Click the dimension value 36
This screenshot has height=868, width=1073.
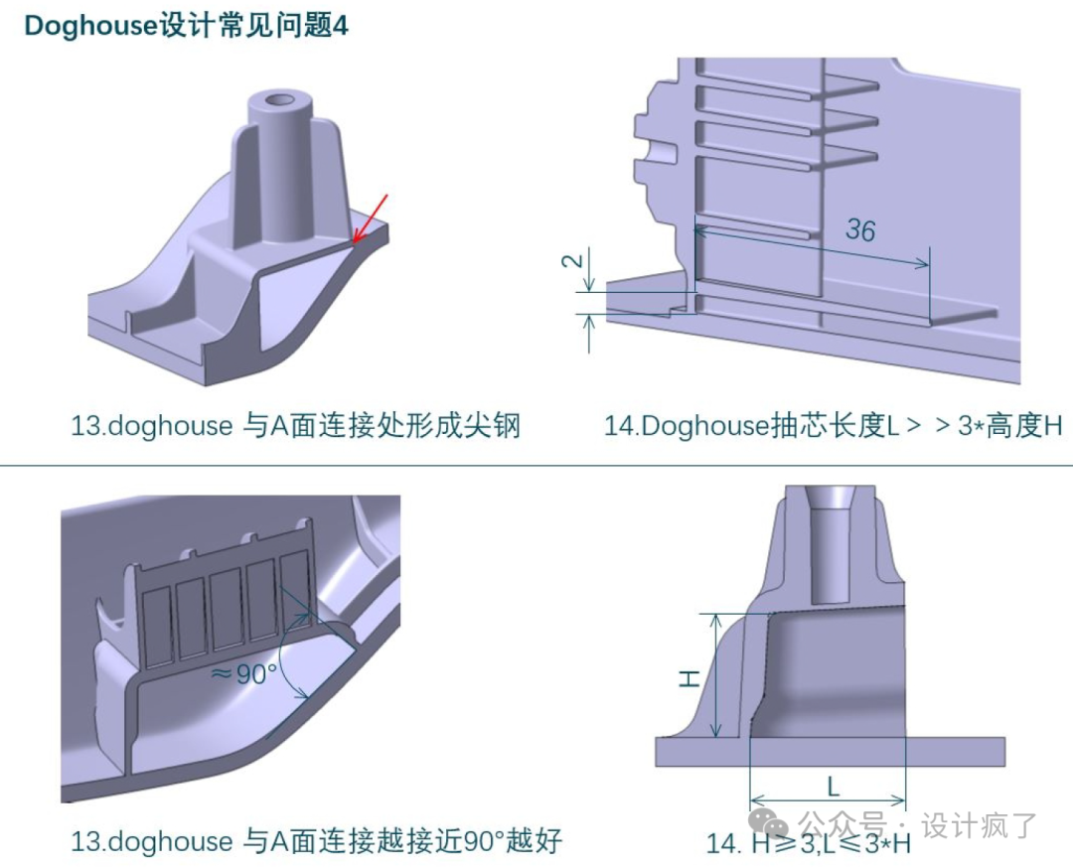[859, 230]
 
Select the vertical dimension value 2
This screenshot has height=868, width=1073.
[570, 261]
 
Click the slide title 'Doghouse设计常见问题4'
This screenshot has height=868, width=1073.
[186, 26]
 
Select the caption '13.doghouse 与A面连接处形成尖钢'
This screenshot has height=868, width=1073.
[295, 426]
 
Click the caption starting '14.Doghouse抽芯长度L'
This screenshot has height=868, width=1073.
[833, 426]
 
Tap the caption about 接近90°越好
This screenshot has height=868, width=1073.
[316, 841]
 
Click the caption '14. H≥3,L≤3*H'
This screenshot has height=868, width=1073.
[807, 844]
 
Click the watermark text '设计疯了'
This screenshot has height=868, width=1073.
[979, 825]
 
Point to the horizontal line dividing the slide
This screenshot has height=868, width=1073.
[536, 465]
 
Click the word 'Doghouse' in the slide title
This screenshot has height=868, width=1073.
[90, 26]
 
